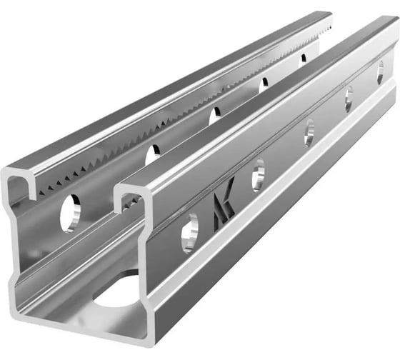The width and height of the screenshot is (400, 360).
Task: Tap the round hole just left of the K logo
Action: tap(189, 232)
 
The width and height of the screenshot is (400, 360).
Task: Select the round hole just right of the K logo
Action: tap(257, 174)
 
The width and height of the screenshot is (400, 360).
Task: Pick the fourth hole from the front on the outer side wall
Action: tap(349, 97)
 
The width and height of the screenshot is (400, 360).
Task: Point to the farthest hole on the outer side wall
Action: tap(380, 71)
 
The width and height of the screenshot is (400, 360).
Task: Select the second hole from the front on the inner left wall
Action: tap(153, 155)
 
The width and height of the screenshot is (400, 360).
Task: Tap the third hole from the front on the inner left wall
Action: tap(214, 114)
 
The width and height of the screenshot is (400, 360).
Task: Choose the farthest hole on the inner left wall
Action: tap(303, 59)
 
